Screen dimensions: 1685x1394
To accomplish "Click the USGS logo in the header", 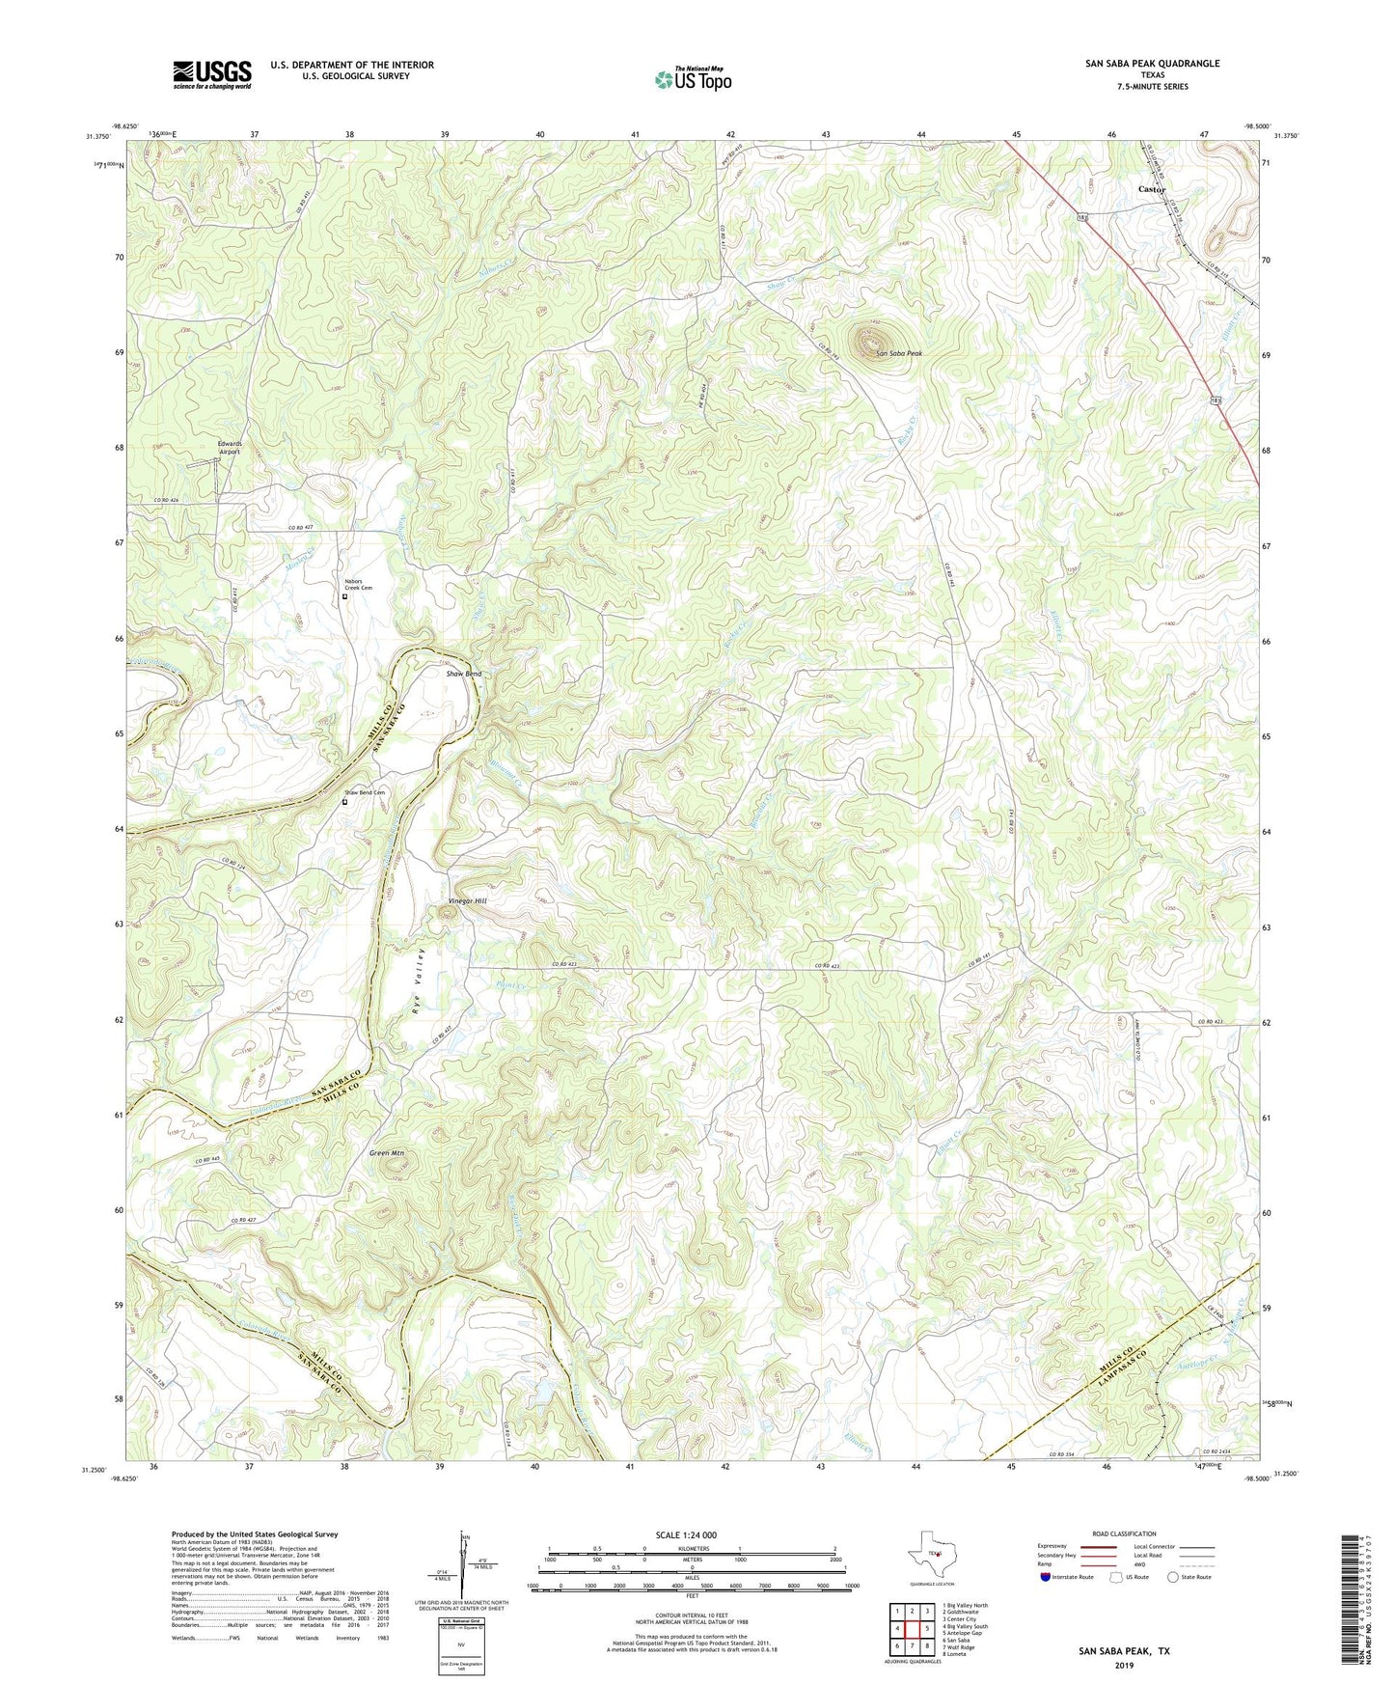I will (212, 73).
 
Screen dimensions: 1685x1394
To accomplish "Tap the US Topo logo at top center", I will (693, 79).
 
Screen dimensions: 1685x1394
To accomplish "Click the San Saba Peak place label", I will (898, 354).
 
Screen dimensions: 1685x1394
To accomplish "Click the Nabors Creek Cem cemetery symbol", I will (345, 596).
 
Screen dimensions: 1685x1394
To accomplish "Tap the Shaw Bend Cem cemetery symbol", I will (345, 800).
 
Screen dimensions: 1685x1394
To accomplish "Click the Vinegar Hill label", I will (468, 900).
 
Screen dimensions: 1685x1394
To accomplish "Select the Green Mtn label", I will (386, 1152).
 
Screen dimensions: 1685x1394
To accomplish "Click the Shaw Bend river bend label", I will (463, 673).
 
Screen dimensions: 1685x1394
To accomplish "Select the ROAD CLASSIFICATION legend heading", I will (1124, 1533).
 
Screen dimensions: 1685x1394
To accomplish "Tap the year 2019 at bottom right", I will (1124, 1665).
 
